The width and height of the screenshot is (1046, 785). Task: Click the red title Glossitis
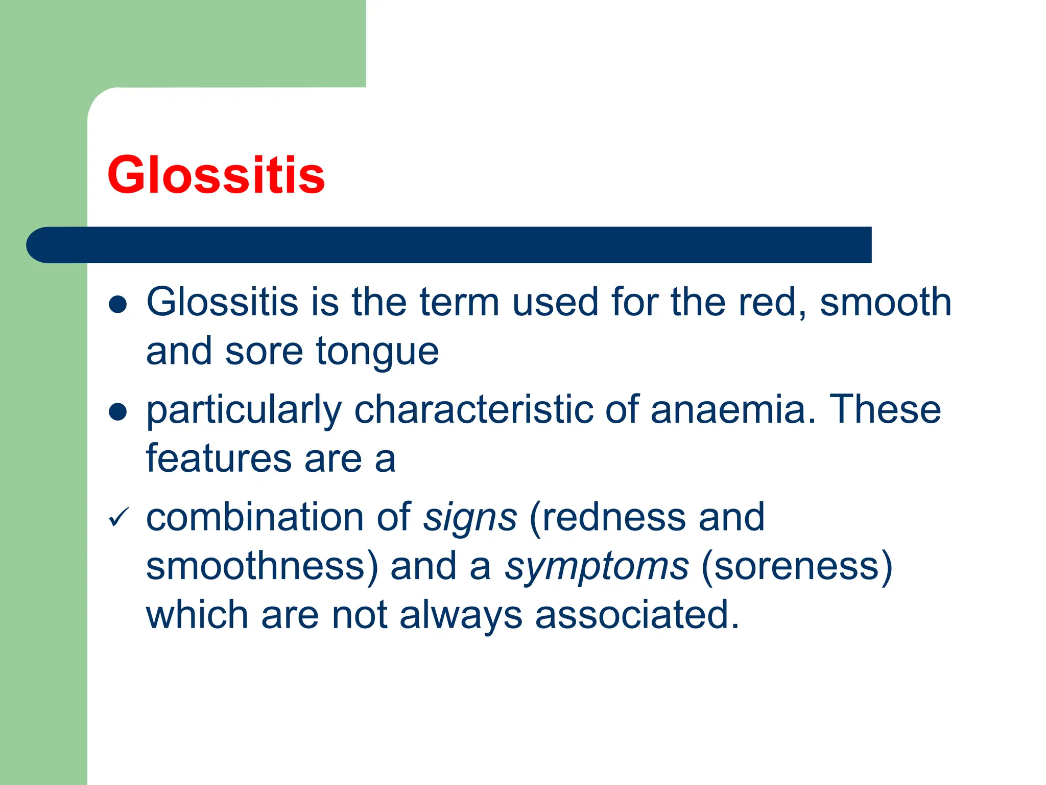tap(216, 175)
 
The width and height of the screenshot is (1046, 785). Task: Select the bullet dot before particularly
tap(118, 411)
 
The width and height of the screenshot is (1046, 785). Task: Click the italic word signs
tap(470, 518)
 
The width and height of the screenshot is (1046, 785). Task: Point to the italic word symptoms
tap(597, 567)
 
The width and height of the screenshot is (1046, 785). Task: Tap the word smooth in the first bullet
tap(886, 303)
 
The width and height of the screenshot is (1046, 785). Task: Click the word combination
tap(255, 518)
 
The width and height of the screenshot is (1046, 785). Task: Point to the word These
tap(885, 410)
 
